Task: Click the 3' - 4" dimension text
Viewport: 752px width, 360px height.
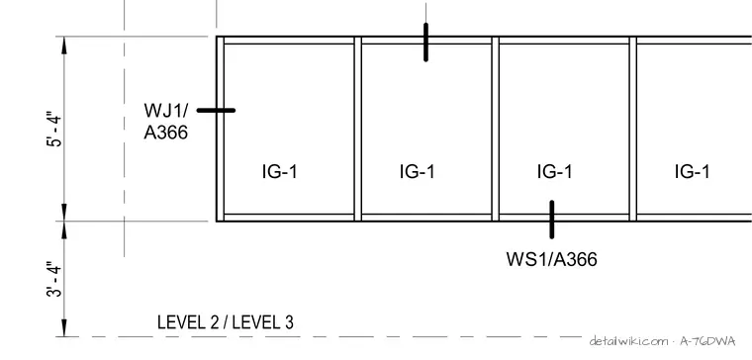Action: tap(55, 279)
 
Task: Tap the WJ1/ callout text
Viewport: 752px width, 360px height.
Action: tap(166, 110)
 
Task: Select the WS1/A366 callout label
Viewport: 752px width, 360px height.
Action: tap(551, 259)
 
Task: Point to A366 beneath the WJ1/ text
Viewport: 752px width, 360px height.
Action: tap(166, 133)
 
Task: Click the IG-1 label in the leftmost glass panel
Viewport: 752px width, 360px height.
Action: tap(280, 171)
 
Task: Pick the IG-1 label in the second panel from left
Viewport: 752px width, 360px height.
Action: tap(418, 171)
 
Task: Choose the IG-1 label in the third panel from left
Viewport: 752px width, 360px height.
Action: tap(555, 171)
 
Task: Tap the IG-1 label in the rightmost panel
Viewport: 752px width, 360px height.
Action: tap(692, 171)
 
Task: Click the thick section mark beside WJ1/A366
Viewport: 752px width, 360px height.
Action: tap(216, 110)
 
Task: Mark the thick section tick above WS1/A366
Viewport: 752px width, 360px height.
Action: tap(552, 220)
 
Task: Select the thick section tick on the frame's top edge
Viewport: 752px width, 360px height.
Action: tap(425, 43)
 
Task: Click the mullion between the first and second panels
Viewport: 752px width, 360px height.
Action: tap(358, 129)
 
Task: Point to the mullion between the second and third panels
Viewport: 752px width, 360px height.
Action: tap(496, 129)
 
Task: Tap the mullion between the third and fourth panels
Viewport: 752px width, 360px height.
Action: tap(633, 129)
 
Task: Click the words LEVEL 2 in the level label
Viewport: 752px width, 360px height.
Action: tap(188, 322)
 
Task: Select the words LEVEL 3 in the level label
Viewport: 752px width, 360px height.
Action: tap(263, 322)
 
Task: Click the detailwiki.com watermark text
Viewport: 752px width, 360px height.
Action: tap(629, 341)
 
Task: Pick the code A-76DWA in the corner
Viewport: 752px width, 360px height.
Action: tap(707, 341)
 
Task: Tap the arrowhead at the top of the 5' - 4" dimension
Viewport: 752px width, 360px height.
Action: tap(64, 45)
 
